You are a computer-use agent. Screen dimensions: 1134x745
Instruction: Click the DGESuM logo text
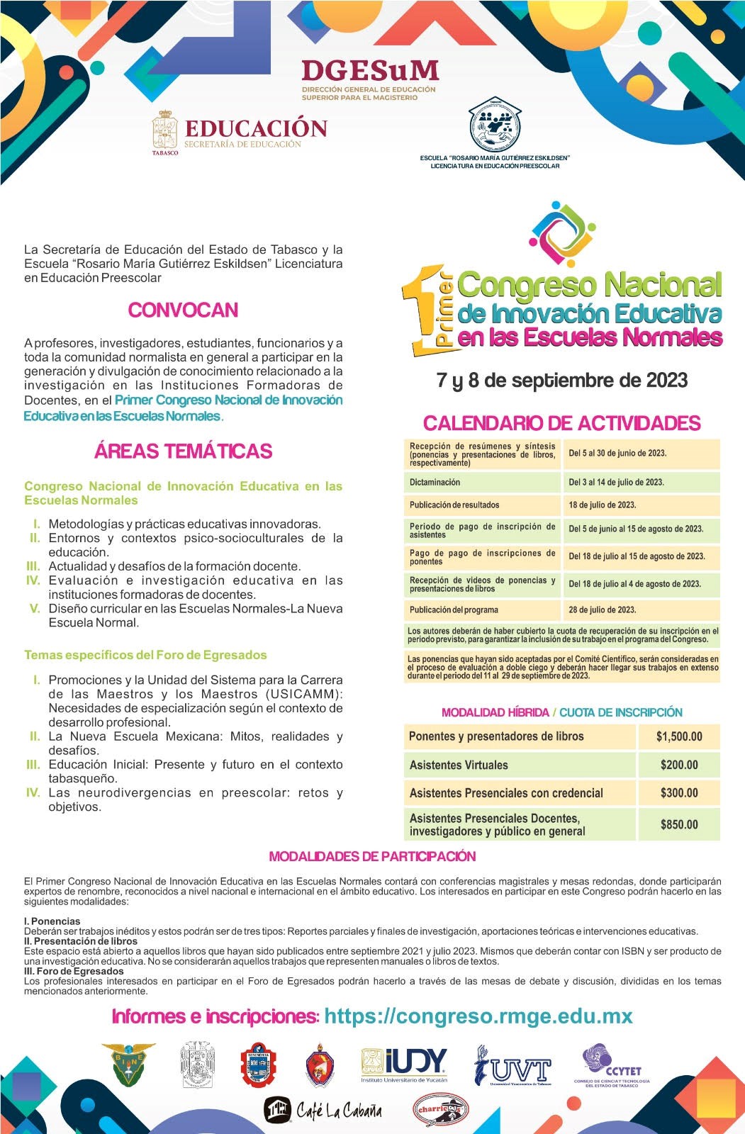[369, 71]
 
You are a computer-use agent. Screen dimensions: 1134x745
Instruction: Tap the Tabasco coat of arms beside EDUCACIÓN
[164, 132]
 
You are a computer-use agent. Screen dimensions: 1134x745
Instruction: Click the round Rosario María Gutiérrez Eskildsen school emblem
[495, 124]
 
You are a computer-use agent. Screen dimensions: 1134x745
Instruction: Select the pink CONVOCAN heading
[183, 310]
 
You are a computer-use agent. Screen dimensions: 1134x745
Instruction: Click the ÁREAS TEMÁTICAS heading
[183, 451]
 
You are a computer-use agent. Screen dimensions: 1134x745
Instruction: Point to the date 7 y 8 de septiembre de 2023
[562, 381]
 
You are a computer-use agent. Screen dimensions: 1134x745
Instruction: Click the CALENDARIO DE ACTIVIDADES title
[561, 423]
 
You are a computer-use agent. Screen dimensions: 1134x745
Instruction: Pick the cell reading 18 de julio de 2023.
[603, 505]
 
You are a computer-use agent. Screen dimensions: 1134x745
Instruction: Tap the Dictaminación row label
[435, 483]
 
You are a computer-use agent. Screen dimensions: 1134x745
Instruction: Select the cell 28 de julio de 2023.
[603, 610]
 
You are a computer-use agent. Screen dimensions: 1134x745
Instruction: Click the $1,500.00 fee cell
[679, 736]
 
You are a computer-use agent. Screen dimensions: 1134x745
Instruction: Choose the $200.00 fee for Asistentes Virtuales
[679, 765]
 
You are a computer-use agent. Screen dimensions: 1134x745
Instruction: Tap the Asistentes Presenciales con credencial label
[506, 793]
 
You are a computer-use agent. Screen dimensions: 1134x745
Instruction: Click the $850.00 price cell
[679, 824]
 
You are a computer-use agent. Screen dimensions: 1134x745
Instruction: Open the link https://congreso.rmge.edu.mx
[478, 1016]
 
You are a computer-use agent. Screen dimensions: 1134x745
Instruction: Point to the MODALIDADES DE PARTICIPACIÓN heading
[372, 856]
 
